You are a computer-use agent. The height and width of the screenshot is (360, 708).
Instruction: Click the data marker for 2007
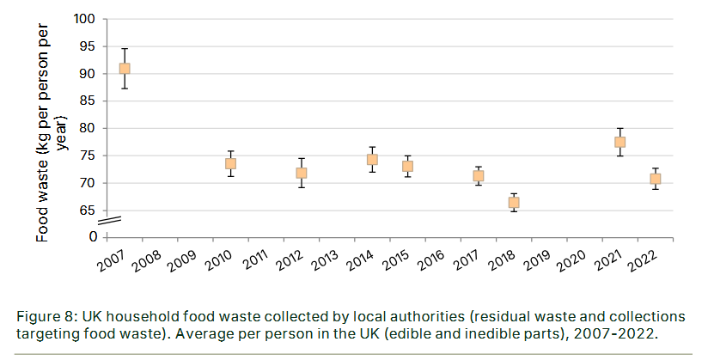pyautogui.click(x=125, y=69)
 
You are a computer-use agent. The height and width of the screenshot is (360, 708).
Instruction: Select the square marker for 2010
pyautogui.click(x=230, y=163)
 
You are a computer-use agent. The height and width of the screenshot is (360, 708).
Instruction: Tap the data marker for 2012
pyautogui.click(x=302, y=173)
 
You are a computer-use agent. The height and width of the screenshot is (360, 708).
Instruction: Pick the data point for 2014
pyautogui.click(x=372, y=159)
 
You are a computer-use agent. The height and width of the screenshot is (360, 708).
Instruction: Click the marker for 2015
pyautogui.click(x=407, y=166)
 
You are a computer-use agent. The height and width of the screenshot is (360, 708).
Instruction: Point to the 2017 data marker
pyautogui.click(x=478, y=176)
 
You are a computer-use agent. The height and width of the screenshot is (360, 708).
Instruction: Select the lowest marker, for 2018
pyautogui.click(x=513, y=203)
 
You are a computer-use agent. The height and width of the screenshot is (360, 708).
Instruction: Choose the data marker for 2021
pyautogui.click(x=619, y=142)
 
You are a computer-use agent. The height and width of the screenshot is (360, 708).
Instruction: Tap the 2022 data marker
pyautogui.click(x=655, y=179)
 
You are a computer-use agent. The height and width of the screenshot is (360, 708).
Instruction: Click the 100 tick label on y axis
pyautogui.click(x=84, y=19)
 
